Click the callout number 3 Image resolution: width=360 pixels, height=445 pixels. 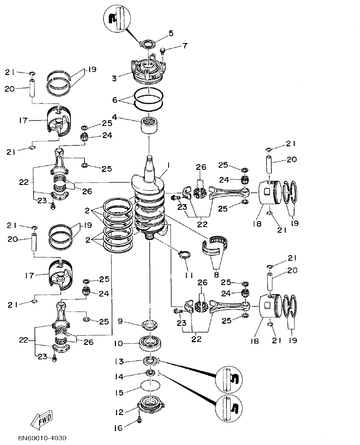(114, 79)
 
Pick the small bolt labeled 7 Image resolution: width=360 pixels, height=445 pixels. (162, 51)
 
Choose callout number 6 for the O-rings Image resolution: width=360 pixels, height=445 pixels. (115, 100)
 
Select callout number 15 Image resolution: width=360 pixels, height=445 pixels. (119, 393)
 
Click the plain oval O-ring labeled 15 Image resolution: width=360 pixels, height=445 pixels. (150, 385)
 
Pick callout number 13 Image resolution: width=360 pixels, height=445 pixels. (119, 361)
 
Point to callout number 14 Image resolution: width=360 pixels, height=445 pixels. (119, 377)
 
